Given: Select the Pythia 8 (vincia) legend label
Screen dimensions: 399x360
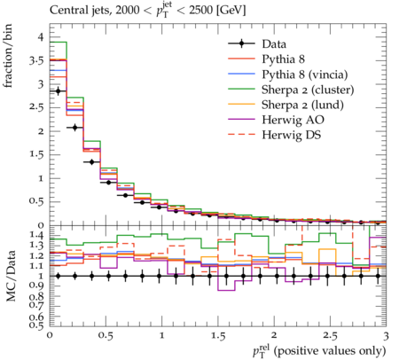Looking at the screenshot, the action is (x=305, y=74).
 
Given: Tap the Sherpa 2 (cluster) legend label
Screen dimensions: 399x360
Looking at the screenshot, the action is (x=308, y=90).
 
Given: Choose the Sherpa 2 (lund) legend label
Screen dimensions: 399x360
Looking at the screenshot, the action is (x=302, y=105).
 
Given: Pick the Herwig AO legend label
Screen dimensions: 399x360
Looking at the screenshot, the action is (x=293, y=120).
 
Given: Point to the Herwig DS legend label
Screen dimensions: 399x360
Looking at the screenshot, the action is (x=292, y=135).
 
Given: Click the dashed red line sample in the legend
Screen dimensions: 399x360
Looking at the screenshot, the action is (x=241, y=135).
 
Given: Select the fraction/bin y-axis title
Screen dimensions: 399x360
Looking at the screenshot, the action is (x=8, y=56).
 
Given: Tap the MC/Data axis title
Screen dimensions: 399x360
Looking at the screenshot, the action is (x=11, y=276).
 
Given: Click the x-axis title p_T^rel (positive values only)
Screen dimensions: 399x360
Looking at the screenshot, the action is (x=319, y=350).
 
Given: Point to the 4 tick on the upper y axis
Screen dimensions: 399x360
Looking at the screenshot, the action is (x=40, y=37).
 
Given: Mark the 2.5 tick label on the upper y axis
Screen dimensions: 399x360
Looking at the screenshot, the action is (x=36, y=107).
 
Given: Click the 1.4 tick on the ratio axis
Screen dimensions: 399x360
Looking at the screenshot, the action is (x=37, y=235).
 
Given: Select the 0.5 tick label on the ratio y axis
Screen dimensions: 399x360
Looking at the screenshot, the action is (x=37, y=325).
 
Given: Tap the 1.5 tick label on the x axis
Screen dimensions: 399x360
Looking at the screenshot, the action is (x=218, y=336).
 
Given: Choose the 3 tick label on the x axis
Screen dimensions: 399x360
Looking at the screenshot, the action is (x=386, y=336).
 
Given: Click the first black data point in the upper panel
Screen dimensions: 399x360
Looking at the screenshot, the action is (x=58, y=91).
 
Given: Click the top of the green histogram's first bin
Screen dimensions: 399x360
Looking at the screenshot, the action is (x=59, y=42).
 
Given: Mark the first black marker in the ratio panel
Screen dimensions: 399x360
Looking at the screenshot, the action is (x=58, y=276).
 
